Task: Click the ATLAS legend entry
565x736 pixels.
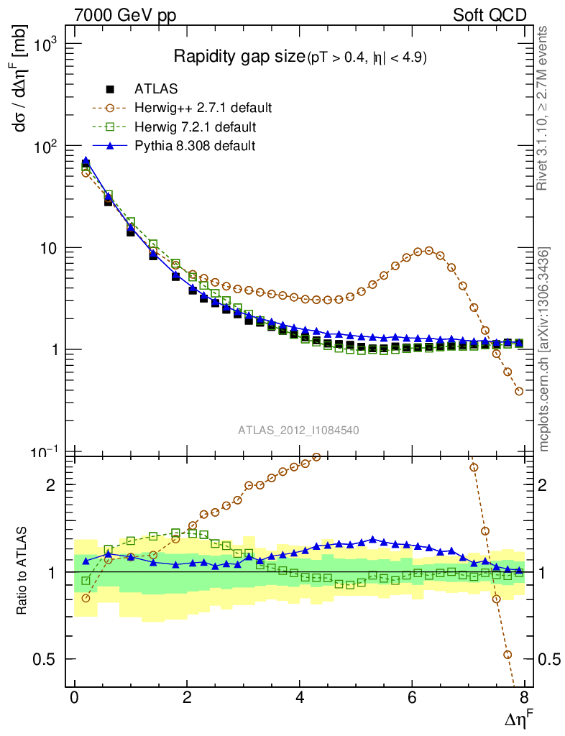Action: [x=156, y=89]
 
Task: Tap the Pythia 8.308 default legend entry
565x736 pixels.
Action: [x=194, y=146]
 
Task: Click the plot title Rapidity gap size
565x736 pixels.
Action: [x=239, y=57]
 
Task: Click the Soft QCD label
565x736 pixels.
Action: [x=490, y=15]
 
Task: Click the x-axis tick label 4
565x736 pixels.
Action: [x=299, y=698]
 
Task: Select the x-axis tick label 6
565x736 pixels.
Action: [x=411, y=698]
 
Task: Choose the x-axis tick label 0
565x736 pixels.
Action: [x=74, y=698]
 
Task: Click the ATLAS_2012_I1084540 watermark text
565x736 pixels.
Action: [x=298, y=431]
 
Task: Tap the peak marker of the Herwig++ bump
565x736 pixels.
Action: [x=429, y=251]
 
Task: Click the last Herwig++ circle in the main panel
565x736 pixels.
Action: [x=519, y=391]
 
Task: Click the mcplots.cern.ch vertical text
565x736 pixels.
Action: [x=545, y=350]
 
